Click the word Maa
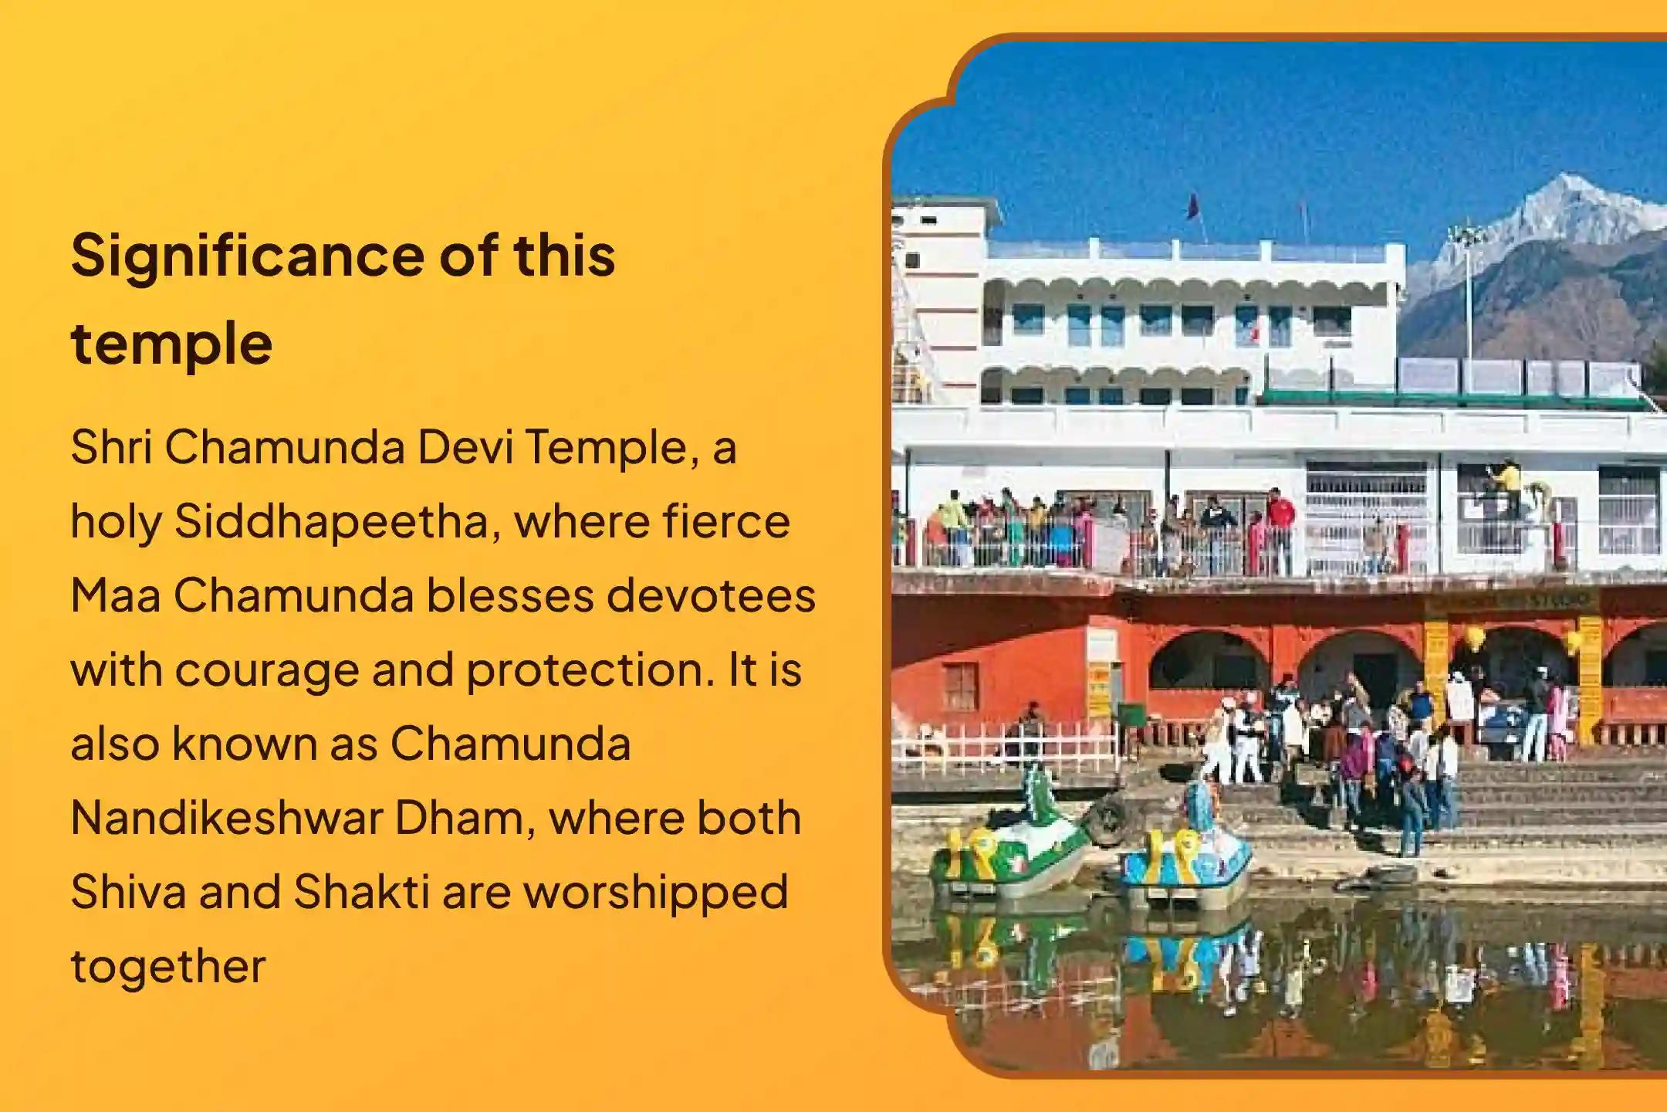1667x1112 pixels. click(x=115, y=595)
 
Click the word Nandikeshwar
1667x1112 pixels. click(x=226, y=818)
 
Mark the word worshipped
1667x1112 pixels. click(x=655, y=893)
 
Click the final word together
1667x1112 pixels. click(x=168, y=966)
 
